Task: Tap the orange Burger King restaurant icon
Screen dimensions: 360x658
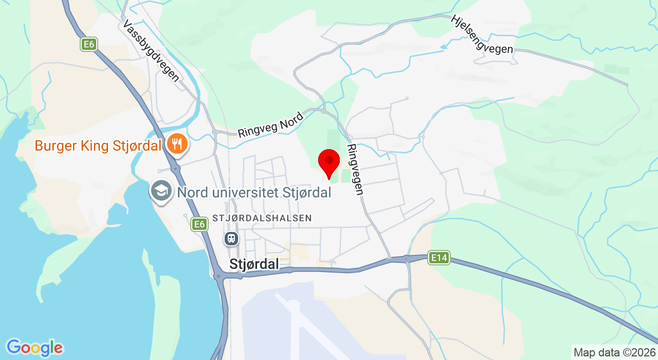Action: (176, 143)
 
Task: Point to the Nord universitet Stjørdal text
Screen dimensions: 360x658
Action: (254, 193)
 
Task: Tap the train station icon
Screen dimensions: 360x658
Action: (231, 238)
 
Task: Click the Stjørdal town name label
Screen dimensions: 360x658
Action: (254, 264)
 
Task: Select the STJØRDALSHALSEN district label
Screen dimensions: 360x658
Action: (262, 218)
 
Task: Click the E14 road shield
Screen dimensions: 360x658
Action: (439, 257)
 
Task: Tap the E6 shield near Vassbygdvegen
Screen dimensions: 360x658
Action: (89, 45)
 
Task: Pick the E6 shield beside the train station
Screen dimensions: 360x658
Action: (199, 224)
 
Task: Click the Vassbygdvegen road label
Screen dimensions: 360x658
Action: (151, 51)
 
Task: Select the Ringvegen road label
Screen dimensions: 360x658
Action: (355, 169)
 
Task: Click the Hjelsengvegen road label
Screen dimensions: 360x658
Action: (482, 34)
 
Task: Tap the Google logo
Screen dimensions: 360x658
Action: (34, 348)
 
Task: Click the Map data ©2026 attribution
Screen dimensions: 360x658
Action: (614, 353)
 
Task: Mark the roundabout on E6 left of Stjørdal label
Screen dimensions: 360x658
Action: (220, 277)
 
